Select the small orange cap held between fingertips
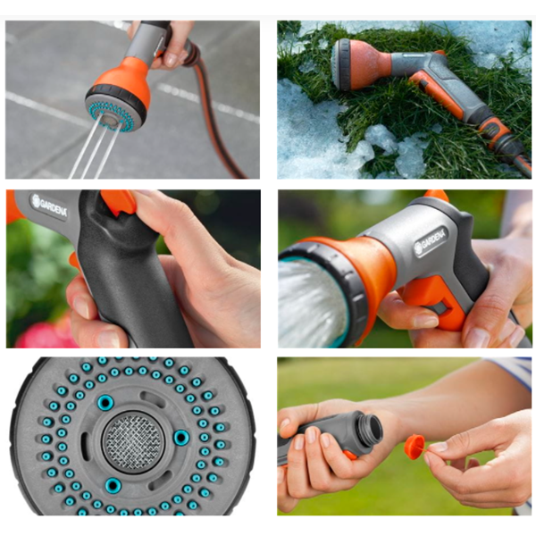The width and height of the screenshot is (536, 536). point(415,446)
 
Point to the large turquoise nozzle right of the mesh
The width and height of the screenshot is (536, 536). point(181,437)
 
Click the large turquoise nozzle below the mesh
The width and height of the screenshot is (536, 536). point(113,485)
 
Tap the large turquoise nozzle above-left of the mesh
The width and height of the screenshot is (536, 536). point(105,403)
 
